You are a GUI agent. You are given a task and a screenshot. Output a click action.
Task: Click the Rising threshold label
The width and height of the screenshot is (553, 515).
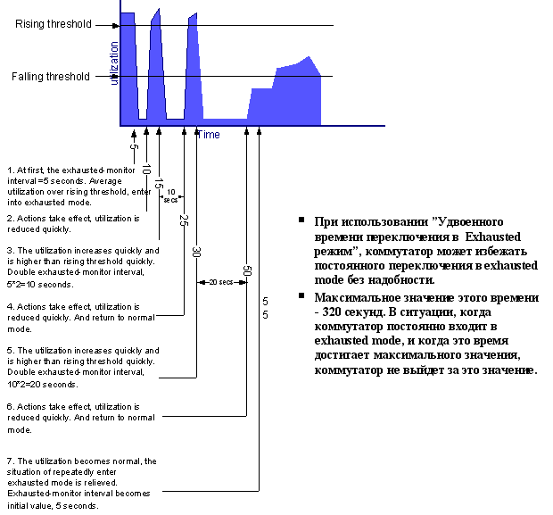click(53, 24)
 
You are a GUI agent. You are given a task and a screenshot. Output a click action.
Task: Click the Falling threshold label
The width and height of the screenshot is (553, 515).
click(51, 77)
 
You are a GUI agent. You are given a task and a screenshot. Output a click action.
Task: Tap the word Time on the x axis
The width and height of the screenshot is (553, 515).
click(209, 135)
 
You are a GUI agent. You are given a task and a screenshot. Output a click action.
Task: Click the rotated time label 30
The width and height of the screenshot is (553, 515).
click(196, 252)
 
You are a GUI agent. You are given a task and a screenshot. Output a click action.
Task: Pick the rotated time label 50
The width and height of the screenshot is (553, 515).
click(246, 271)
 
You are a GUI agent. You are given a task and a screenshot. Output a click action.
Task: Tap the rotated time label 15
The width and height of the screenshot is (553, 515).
click(159, 186)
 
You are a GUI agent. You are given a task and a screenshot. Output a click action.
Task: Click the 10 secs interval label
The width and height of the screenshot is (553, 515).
click(170, 195)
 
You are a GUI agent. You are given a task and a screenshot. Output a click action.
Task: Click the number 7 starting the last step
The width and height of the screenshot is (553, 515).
click(10, 461)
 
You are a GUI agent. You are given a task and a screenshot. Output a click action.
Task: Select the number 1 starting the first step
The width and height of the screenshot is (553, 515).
click(10, 170)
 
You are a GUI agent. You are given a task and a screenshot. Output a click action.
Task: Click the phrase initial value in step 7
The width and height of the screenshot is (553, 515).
click(31, 504)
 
